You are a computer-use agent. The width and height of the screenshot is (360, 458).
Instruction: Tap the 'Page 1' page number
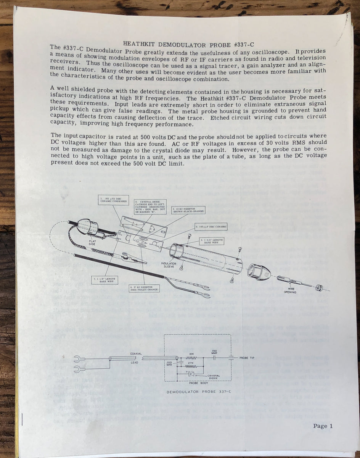(323, 426)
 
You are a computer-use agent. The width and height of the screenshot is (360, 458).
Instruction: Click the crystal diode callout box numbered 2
(150, 206)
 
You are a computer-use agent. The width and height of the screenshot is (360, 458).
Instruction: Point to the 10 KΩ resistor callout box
(189, 211)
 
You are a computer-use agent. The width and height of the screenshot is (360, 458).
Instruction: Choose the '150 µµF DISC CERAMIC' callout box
(211, 226)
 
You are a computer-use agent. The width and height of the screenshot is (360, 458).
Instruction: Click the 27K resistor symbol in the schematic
(192, 366)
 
